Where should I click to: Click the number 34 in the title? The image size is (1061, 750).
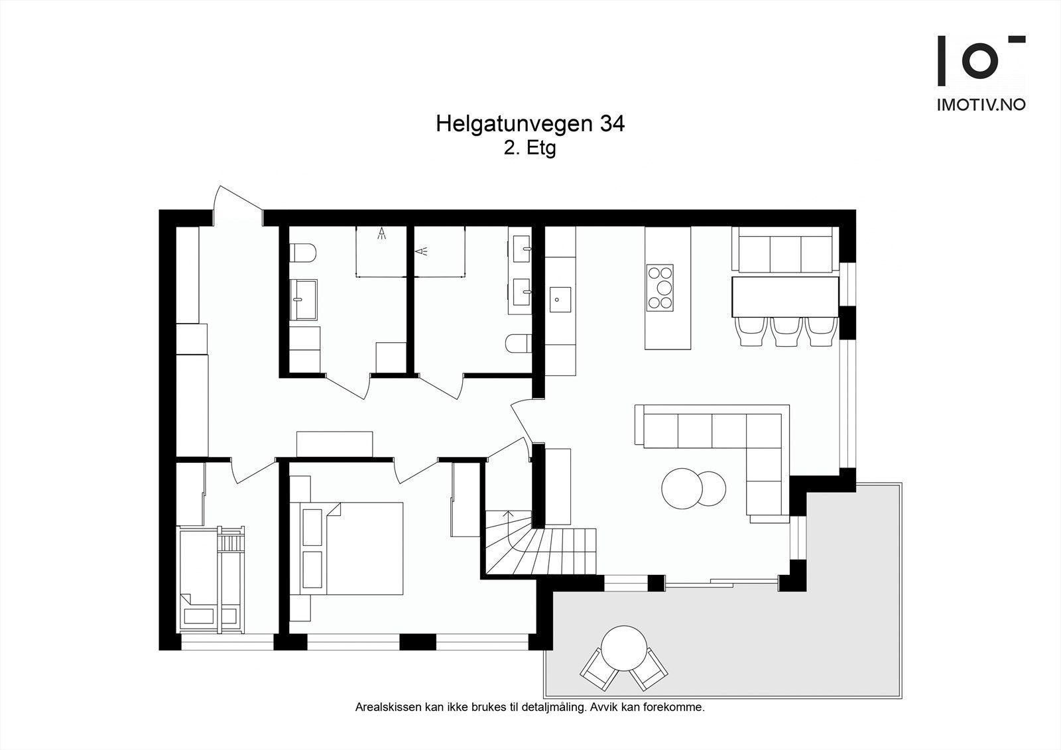coord(611,124)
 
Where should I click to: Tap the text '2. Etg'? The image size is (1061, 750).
coord(529,148)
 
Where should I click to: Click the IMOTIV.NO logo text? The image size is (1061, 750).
coord(981,105)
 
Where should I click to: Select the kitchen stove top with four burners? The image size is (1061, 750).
coord(660,287)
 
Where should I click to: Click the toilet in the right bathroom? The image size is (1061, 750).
coord(517,344)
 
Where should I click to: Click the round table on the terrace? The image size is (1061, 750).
coord(624,647)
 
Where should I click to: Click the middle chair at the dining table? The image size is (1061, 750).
coord(785,331)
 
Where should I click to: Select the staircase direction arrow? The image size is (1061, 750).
coord(509,515)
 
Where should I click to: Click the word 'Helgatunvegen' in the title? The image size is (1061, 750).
coord(515,124)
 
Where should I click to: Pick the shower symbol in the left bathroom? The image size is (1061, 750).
coord(381,233)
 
